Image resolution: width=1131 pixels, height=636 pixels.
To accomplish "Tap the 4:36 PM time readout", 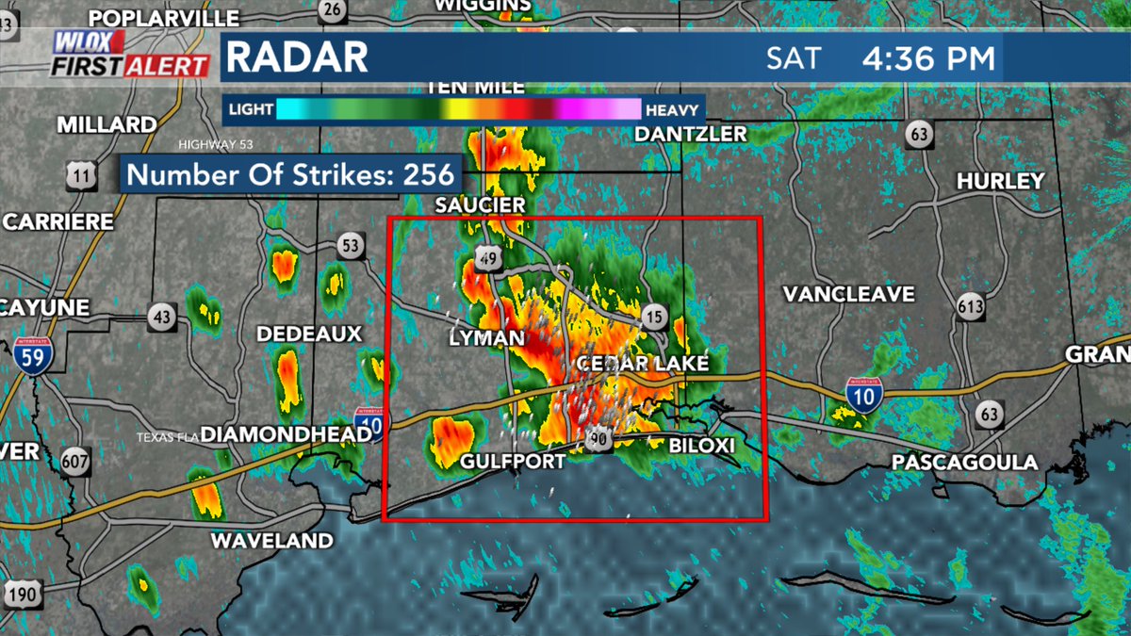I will [928, 58].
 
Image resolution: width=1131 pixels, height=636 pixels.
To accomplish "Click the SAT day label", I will [794, 58].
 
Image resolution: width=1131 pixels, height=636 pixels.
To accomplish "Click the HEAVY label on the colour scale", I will [673, 110].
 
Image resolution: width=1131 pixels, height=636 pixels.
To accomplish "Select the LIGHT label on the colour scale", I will [249, 110].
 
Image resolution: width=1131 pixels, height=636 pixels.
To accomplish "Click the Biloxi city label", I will [701, 445].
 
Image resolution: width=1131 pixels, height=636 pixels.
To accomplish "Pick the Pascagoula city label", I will [964, 463].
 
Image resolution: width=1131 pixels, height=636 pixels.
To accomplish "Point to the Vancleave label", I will [848, 295].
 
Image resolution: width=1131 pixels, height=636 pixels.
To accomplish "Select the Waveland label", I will [271, 541].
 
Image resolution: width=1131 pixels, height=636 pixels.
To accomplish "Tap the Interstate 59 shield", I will [33, 354].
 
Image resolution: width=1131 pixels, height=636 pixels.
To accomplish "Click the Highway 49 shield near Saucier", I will [487, 259].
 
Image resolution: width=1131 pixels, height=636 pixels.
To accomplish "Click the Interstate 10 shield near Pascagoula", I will [862, 398].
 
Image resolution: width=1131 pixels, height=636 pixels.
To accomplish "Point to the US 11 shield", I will [81, 172].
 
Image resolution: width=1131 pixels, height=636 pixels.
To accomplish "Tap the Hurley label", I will [1000, 181].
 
